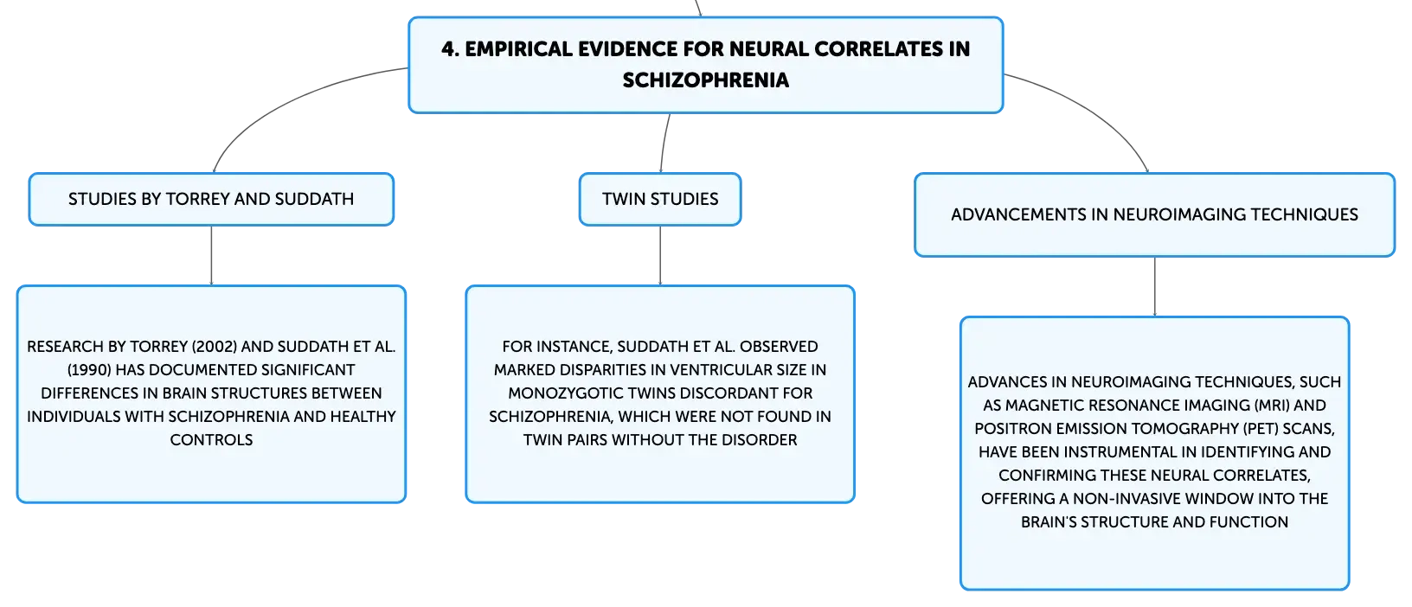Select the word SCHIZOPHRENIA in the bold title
click(x=705, y=80)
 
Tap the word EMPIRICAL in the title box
click(x=518, y=49)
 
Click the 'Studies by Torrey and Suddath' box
click(x=211, y=199)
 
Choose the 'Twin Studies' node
click(x=660, y=199)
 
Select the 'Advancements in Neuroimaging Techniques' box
click(x=1154, y=214)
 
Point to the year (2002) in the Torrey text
click(x=215, y=347)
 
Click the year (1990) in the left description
click(x=89, y=369)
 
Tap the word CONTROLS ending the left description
click(x=211, y=439)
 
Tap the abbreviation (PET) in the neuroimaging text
click(x=1260, y=428)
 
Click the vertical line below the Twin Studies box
click(x=660, y=256)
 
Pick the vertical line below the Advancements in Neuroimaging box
click(x=1155, y=286)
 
